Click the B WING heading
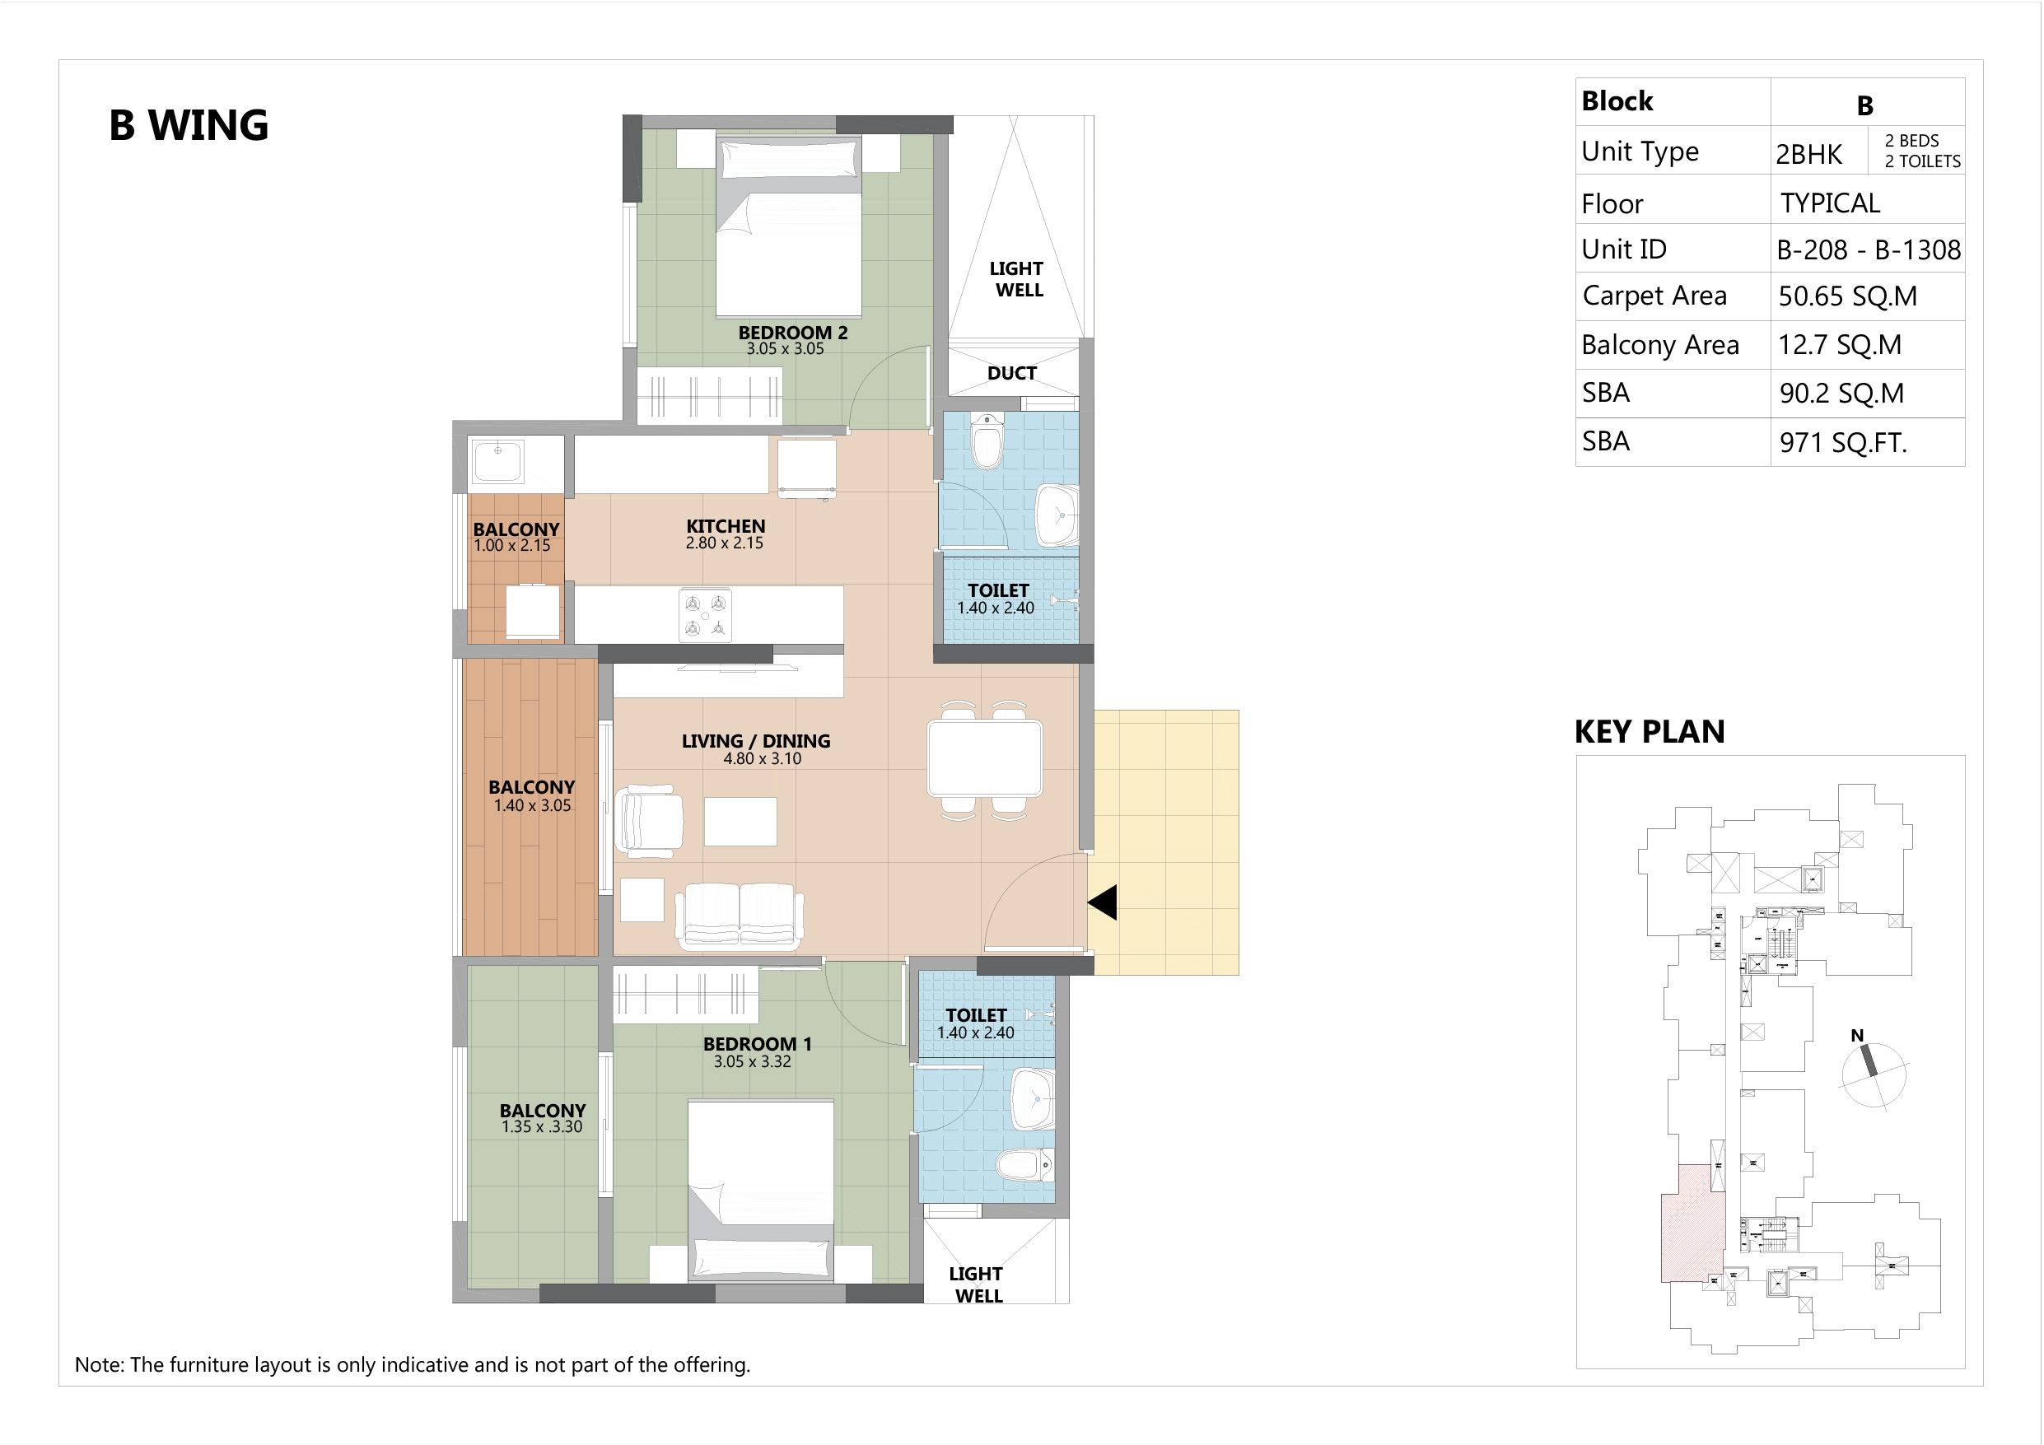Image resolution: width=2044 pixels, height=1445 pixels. (189, 125)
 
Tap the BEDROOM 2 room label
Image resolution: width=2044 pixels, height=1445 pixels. (792, 332)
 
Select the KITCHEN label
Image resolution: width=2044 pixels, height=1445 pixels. (726, 526)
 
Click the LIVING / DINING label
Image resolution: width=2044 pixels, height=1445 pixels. (756, 741)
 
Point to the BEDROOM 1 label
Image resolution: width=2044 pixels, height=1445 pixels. (757, 1043)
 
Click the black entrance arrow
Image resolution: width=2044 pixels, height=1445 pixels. (1102, 902)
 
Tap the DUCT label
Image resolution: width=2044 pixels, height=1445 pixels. (1012, 373)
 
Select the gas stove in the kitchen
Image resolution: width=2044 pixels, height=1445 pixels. (705, 615)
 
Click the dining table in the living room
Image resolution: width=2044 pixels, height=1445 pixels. (985, 757)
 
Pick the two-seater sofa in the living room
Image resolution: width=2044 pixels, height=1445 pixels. (739, 916)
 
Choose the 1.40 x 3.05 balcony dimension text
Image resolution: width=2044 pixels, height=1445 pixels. (532, 806)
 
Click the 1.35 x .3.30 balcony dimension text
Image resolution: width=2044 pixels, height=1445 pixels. (541, 1127)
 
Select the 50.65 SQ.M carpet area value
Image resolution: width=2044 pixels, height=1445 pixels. (1847, 296)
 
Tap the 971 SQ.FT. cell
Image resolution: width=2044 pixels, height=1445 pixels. (1843, 442)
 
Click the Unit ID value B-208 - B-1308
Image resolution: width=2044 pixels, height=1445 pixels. (1869, 249)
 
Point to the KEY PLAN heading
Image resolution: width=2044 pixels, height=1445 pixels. (1650, 732)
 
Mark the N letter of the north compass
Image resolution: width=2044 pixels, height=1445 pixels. (1857, 1036)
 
